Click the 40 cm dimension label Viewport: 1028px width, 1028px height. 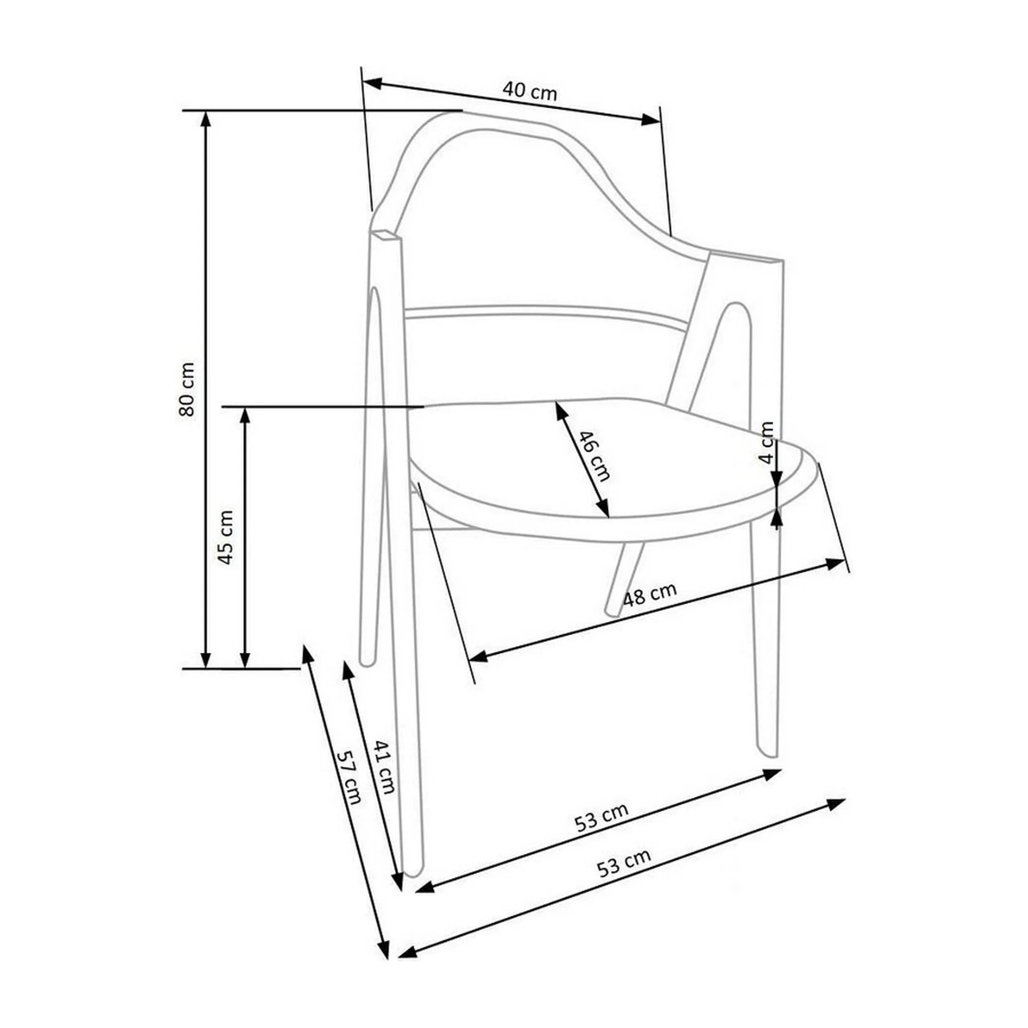point(529,92)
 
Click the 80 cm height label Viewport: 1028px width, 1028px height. point(187,389)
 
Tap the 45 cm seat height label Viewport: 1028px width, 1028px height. point(226,538)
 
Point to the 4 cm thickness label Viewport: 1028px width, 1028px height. point(766,443)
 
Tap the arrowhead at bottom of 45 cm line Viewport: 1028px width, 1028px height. point(245,660)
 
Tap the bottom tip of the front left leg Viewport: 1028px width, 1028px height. point(412,873)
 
